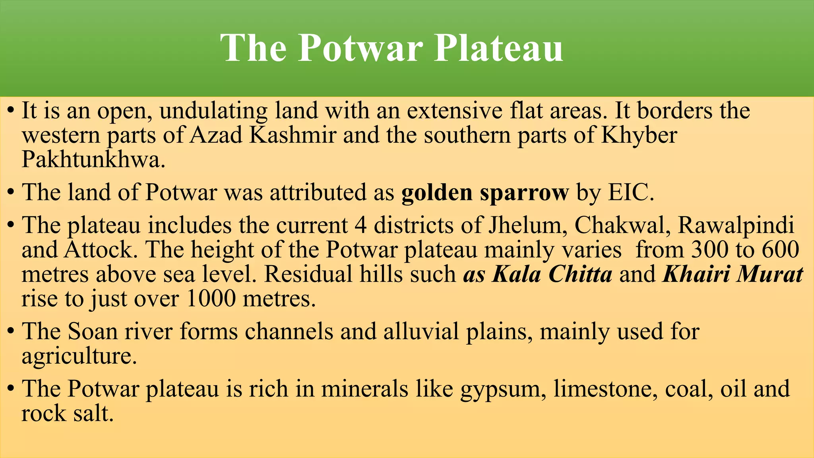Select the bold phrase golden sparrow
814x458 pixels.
pos(485,193)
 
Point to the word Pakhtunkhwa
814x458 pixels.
pos(93,160)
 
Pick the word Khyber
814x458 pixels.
pos(639,136)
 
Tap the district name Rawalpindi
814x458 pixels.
pos(736,225)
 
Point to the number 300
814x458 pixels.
pos(710,250)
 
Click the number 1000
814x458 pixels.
pos(211,299)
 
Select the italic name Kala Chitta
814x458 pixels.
pos(552,274)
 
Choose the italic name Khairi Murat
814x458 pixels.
pos(733,274)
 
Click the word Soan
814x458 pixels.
pos(93,331)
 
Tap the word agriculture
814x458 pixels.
pos(79,356)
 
